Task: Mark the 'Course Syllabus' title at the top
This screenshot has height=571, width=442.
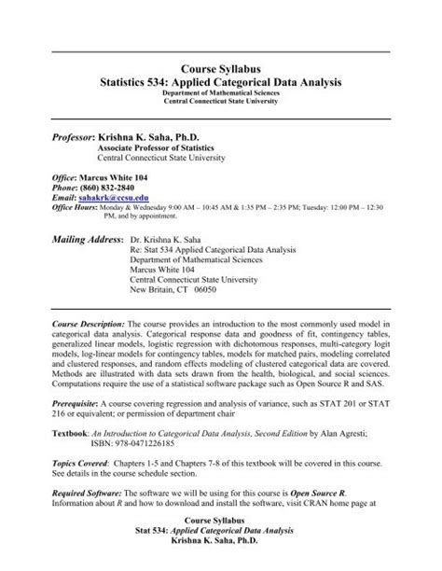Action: tap(220, 69)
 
